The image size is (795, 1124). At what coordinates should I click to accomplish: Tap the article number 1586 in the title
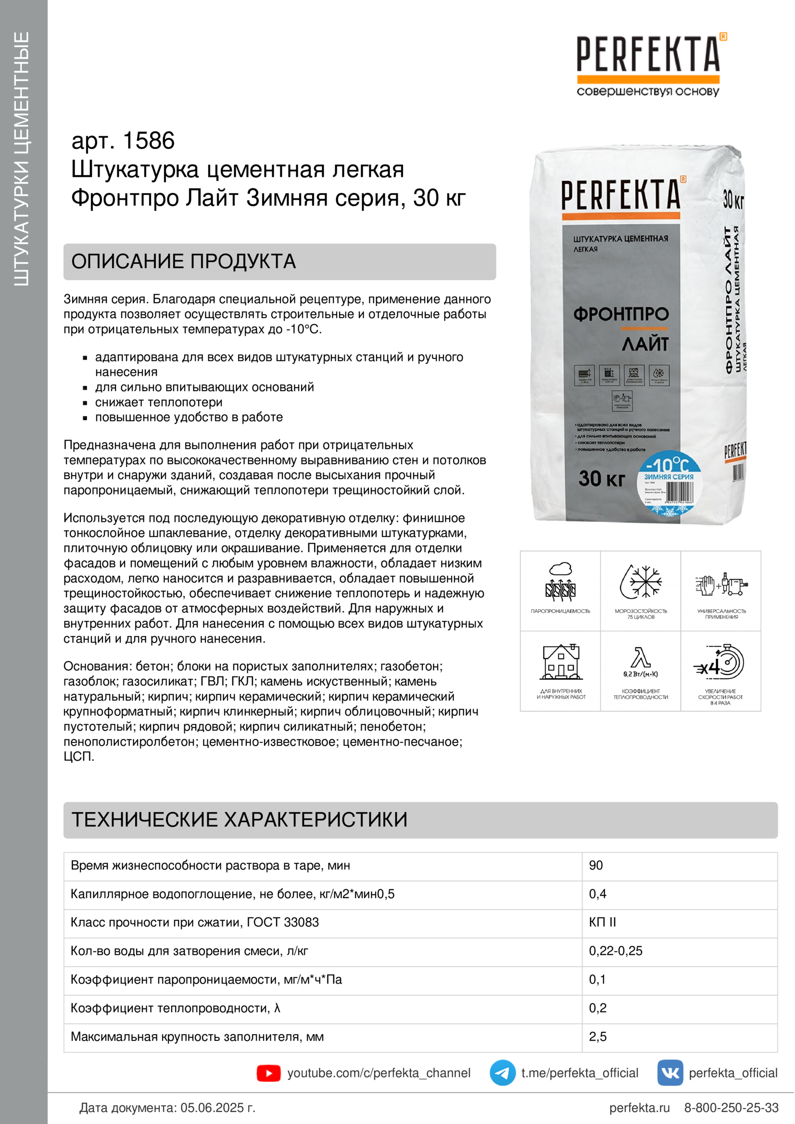click(149, 141)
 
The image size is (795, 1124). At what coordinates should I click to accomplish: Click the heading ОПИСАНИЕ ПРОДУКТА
click(184, 261)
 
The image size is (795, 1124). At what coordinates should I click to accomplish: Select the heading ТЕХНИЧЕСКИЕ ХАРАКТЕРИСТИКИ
click(240, 819)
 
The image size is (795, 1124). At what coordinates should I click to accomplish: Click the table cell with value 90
click(595, 865)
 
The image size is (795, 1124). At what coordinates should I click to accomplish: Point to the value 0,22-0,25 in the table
click(615, 951)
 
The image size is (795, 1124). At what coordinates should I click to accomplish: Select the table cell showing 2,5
click(598, 1037)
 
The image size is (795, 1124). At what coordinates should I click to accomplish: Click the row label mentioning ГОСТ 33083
click(194, 922)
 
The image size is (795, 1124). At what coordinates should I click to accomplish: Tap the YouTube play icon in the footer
click(268, 1073)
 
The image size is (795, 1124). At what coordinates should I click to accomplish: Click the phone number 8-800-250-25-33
click(731, 1107)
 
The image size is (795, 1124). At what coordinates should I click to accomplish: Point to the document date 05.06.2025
click(217, 1107)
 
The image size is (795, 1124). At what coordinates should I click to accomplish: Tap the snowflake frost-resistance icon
click(641, 582)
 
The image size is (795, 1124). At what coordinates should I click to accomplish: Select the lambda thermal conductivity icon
click(641, 658)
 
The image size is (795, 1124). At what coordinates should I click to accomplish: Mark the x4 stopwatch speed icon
click(720, 662)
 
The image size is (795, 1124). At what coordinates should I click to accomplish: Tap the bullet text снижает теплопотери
click(159, 402)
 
